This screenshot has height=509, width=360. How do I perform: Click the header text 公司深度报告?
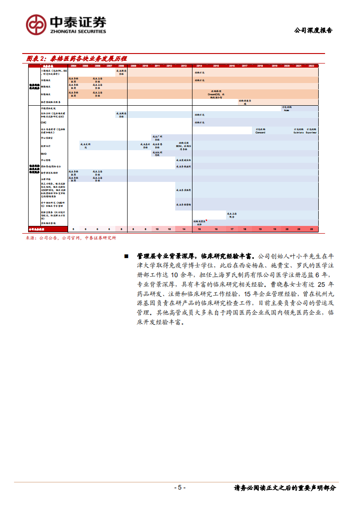click(313, 30)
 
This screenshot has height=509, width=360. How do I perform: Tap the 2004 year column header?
click(74, 66)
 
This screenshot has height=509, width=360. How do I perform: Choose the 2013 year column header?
click(183, 66)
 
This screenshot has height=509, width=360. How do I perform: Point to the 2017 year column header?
click(244, 66)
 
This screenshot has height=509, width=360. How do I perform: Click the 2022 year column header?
click(311, 66)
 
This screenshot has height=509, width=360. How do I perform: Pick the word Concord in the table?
click(260, 132)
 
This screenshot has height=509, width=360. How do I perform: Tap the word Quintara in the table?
click(299, 132)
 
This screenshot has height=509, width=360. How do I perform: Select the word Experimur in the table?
click(311, 132)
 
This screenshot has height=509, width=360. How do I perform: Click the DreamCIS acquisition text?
click(216, 94)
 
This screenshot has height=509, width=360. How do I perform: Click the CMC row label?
click(44, 122)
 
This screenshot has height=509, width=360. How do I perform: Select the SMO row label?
click(44, 153)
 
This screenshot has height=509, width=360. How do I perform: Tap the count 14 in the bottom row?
click(183, 230)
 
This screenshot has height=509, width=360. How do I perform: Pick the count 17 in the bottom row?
click(232, 230)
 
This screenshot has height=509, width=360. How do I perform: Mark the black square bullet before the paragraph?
click(126, 256)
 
